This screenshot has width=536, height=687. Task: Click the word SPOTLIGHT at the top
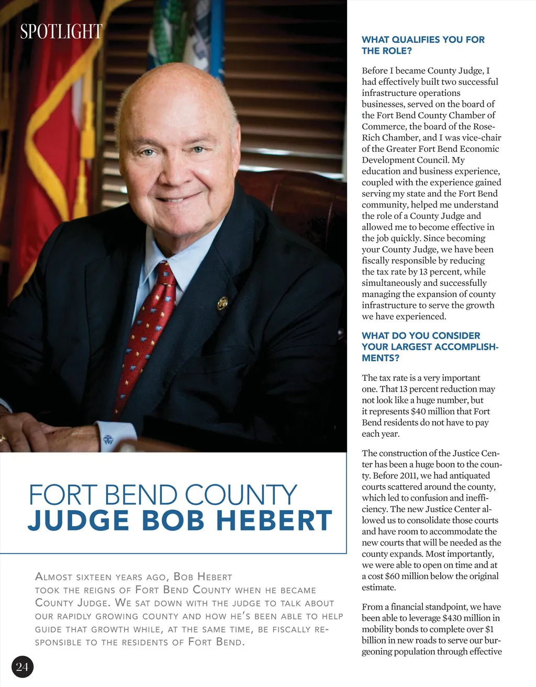(x=61, y=32)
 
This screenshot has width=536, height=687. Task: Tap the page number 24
(x=22, y=667)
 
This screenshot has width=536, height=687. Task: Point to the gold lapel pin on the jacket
(x=222, y=302)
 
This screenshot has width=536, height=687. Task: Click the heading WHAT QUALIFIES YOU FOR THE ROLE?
(x=423, y=45)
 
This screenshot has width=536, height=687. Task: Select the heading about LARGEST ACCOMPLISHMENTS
(x=430, y=347)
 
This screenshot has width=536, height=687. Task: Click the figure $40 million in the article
(x=434, y=412)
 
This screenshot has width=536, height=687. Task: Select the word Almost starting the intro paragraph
(x=53, y=577)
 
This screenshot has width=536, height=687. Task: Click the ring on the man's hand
(x=3, y=438)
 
